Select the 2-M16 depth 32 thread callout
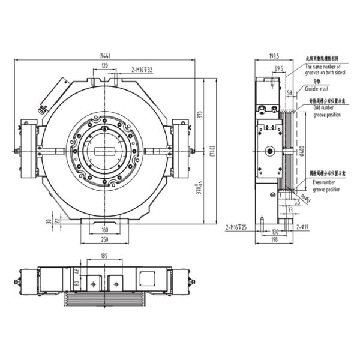point(142,70)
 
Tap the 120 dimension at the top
point(104,65)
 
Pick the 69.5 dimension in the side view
point(278,68)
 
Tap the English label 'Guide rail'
point(316,88)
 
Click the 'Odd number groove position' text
point(326,110)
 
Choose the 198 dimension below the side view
point(275,239)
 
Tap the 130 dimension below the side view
point(275,231)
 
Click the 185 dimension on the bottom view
point(104,256)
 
